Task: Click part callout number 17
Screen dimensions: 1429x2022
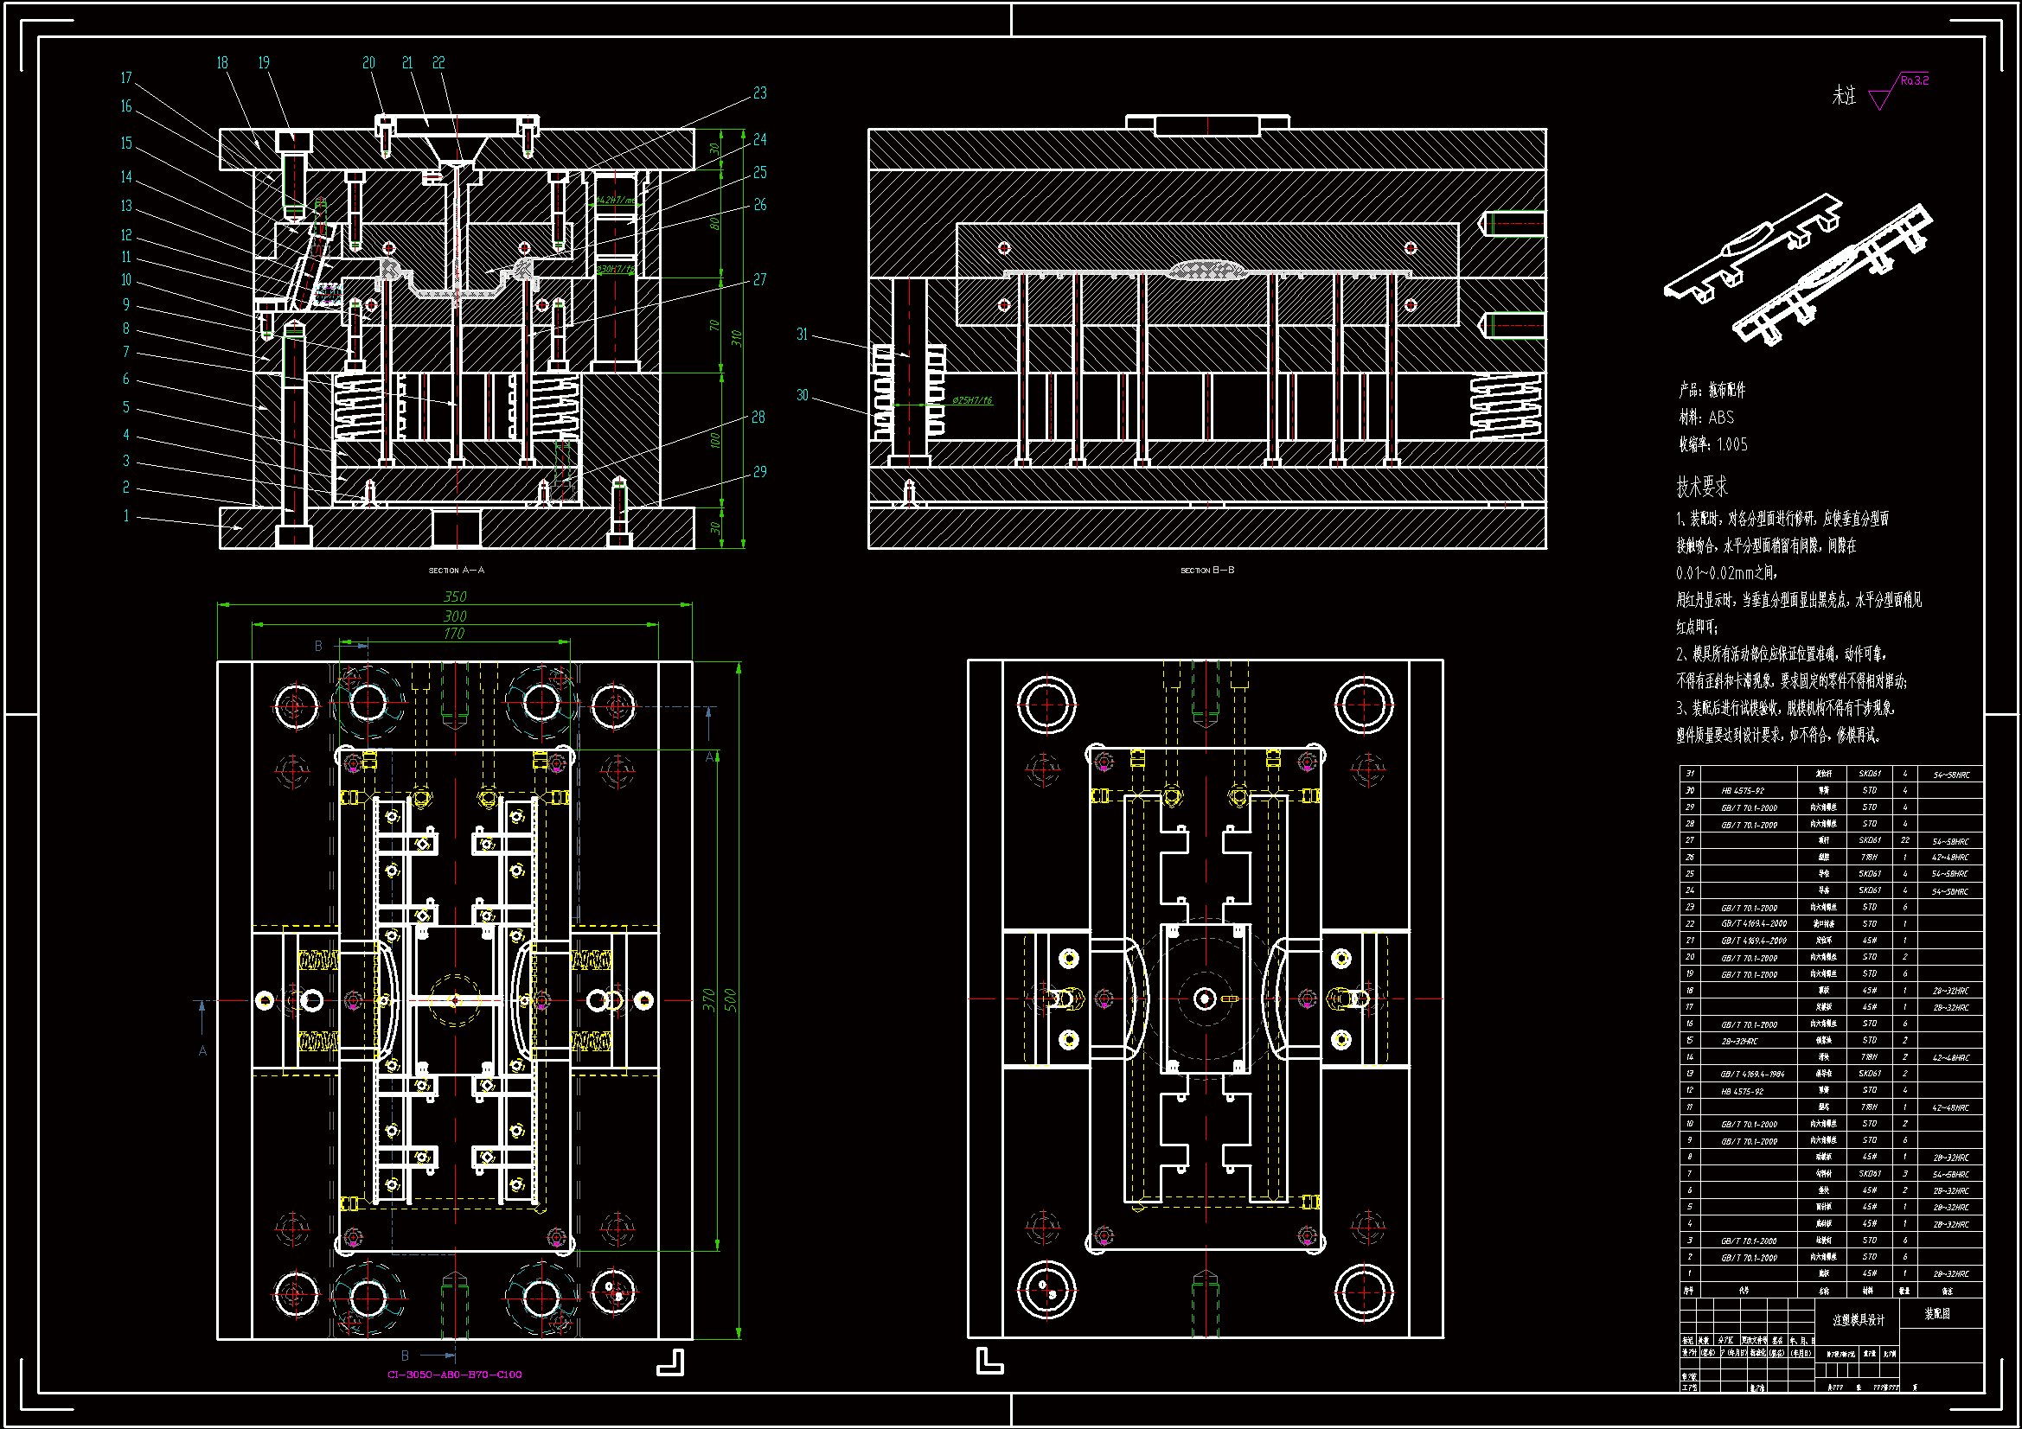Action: [126, 78]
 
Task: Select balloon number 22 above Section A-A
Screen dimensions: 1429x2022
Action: [438, 62]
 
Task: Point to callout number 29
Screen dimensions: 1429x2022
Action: [759, 472]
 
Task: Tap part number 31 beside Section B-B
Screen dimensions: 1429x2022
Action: [802, 334]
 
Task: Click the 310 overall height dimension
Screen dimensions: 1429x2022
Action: [736, 338]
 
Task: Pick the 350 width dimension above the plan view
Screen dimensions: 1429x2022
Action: [454, 597]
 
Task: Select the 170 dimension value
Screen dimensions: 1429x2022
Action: [453, 634]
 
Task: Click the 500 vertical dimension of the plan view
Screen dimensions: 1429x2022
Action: [730, 1000]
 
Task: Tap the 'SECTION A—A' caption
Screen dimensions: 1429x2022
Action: [456, 571]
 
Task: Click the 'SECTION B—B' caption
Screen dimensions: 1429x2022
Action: [1207, 571]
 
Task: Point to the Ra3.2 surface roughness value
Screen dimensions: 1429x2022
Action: [1914, 80]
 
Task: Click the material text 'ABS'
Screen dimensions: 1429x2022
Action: [1721, 418]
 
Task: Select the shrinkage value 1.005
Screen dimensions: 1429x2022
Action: [1731, 444]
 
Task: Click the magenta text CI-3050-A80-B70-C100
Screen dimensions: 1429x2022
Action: [454, 1375]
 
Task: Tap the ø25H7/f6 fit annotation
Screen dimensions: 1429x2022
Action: [971, 400]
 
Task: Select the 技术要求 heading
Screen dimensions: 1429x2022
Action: [1701, 487]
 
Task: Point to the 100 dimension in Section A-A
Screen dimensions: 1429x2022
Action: [715, 439]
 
